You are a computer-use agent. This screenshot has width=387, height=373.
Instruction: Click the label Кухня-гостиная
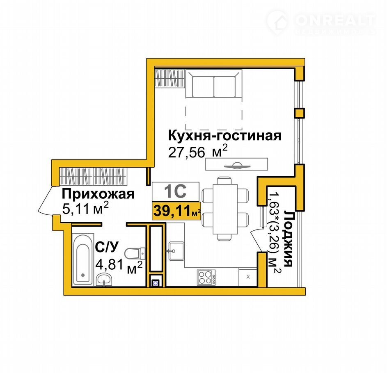[x=224, y=136]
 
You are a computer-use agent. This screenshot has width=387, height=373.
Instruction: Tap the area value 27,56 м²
[x=197, y=151]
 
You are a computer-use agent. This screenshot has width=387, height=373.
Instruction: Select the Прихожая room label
[x=98, y=194]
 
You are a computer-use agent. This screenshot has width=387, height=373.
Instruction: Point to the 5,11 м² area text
[x=85, y=209]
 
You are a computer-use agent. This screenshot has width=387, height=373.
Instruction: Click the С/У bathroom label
[x=107, y=247]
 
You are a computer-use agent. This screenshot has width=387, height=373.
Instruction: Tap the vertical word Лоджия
[x=288, y=238]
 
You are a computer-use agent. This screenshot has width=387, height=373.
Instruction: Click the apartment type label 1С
[x=176, y=191]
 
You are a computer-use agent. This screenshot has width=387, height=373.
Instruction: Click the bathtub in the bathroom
[x=82, y=260]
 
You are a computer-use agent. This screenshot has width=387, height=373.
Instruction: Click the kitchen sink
[x=176, y=251]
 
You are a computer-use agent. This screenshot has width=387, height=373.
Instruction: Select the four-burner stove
[x=206, y=277]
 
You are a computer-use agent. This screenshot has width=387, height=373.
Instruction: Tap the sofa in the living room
[x=214, y=84]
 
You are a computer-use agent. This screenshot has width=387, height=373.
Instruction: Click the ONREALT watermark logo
[x=321, y=22]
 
